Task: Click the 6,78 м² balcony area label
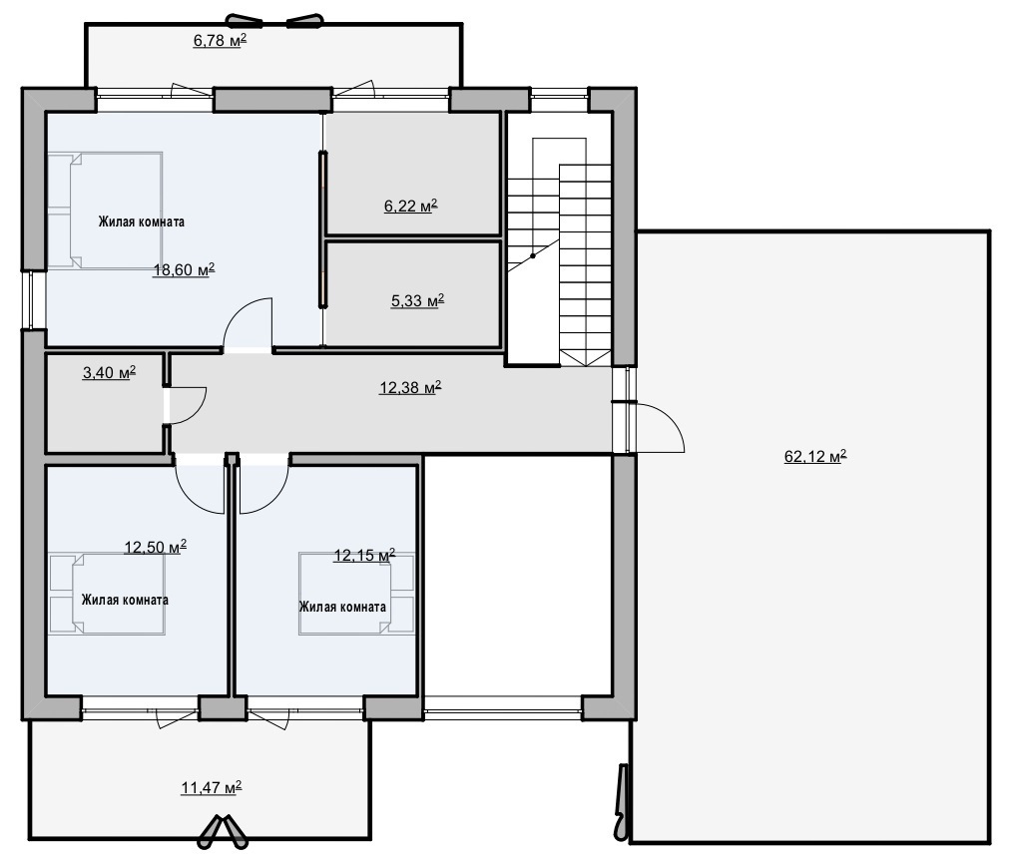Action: [220, 41]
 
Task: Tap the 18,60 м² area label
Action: [184, 270]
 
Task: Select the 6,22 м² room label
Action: [411, 207]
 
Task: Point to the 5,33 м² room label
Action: [417, 301]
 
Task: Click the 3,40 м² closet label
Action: [109, 373]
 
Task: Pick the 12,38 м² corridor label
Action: [410, 387]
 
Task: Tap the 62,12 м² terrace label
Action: [815, 457]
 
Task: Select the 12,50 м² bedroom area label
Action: [156, 547]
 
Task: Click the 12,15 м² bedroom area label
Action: [364, 556]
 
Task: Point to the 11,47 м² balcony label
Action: [212, 788]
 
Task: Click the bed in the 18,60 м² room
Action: [105, 211]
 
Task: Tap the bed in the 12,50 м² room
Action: [107, 594]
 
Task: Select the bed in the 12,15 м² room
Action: [356, 593]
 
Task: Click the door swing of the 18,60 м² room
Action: [248, 323]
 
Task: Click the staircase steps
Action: [560, 252]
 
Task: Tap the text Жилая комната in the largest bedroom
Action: [142, 221]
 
